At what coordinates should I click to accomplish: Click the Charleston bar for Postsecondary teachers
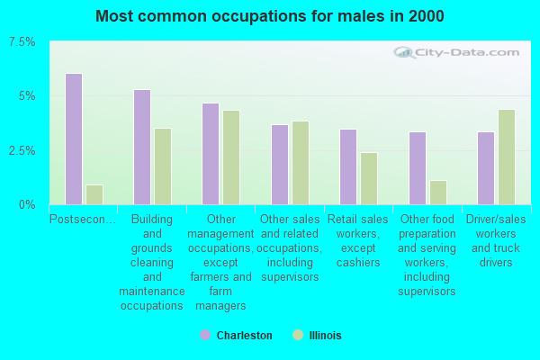(74, 139)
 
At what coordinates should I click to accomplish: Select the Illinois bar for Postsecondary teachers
(94, 195)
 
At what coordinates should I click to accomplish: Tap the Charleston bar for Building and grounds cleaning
(142, 147)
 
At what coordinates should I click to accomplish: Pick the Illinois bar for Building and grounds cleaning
(163, 166)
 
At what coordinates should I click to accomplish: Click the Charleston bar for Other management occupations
(211, 154)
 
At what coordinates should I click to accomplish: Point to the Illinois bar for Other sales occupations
(301, 163)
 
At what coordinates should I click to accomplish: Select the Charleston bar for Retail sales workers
(348, 167)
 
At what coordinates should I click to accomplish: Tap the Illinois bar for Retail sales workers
(369, 179)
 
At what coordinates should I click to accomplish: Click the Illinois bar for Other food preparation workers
(438, 193)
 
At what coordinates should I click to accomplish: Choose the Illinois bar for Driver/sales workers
(507, 157)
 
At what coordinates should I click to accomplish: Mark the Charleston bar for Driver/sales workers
(486, 168)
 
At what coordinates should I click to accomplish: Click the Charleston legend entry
(236, 335)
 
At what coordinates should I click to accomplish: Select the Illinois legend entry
(317, 335)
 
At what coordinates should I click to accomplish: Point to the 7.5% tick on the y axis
(22, 42)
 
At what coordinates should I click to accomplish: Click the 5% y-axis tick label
(27, 96)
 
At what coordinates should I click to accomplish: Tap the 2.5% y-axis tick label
(22, 151)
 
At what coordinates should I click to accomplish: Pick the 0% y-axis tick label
(27, 205)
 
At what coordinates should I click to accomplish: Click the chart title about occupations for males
(270, 16)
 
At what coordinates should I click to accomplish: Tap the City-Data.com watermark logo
(456, 53)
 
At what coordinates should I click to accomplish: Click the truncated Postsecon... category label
(83, 219)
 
